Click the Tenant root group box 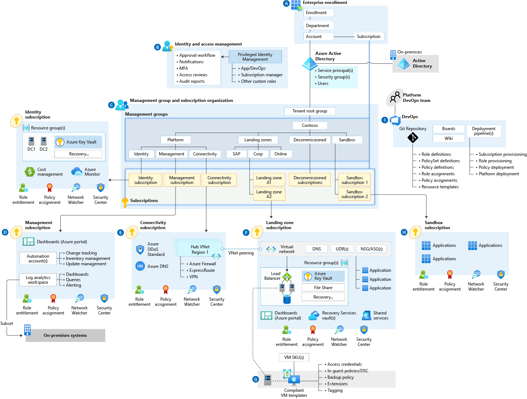coord(310,111)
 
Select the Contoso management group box coord(310,125)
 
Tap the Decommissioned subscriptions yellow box coord(310,180)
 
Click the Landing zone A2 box coord(269,194)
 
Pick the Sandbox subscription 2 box coord(354,194)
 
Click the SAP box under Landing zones coord(236,154)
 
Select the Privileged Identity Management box coord(255,57)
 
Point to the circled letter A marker coord(286,4)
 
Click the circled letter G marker coord(256,379)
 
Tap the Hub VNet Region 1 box coord(200,250)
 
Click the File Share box coord(323,288)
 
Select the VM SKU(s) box coord(294,357)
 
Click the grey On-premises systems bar coord(65,335)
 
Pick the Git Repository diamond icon coord(412,138)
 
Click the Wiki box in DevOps coord(448,138)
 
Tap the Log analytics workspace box coord(38,280)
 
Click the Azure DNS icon coord(140,266)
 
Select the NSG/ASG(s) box coord(371,249)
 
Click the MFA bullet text coord(183,68)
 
